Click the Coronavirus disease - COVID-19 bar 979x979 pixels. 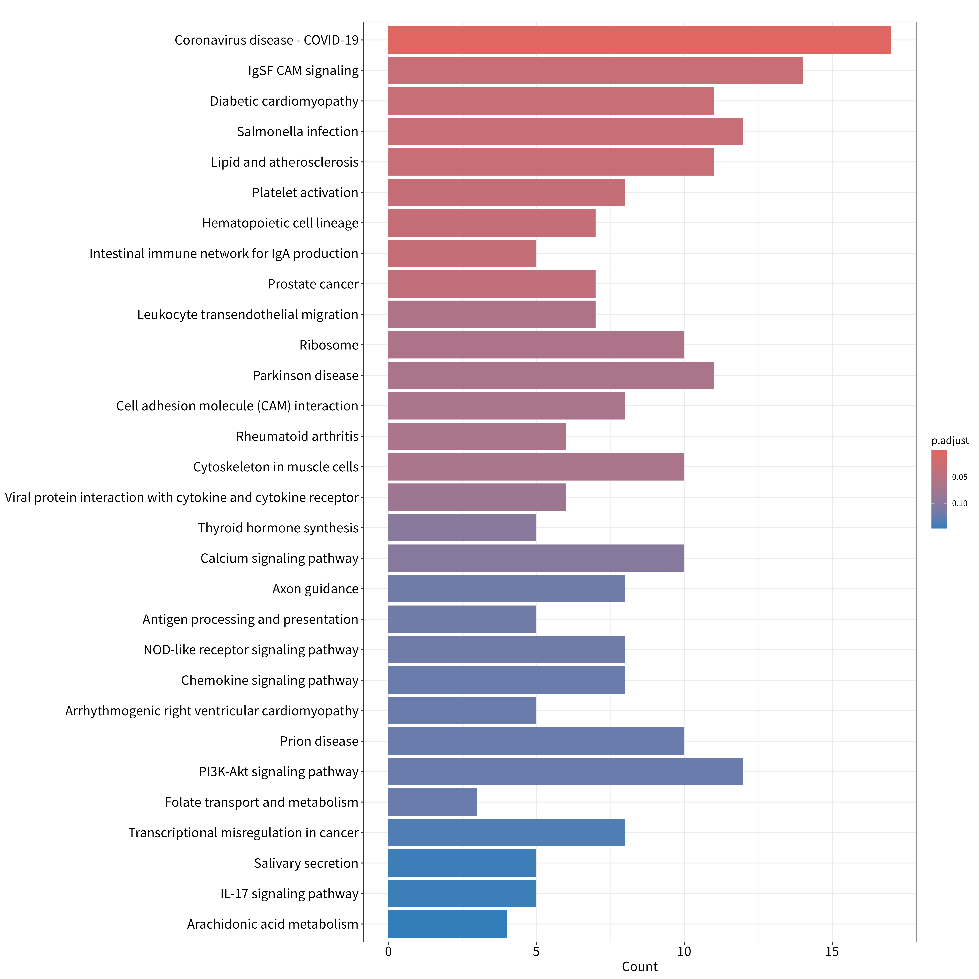pos(639,40)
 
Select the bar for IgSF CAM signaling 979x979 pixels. pos(595,70)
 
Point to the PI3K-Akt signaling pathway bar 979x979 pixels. pos(566,772)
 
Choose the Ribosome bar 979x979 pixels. pos(536,345)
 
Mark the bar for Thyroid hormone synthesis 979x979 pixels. pos(462,528)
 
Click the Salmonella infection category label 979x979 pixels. pos(297,132)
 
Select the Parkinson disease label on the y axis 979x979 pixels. pos(306,375)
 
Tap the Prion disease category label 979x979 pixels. pos(319,741)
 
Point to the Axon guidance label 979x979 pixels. pos(315,589)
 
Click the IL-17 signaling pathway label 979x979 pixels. pos(289,894)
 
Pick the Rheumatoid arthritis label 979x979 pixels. pos(297,436)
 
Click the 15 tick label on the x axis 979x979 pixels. pos(832,952)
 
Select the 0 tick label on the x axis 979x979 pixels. pos(388,952)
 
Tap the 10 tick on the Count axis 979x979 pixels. pos(684,952)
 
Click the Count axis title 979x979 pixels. pos(639,967)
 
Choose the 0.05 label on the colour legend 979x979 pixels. pos(959,477)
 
